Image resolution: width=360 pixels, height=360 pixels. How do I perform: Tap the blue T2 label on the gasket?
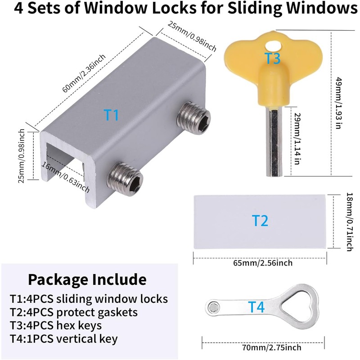click(x=260, y=220)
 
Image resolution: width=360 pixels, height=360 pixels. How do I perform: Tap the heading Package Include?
click(x=87, y=279)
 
